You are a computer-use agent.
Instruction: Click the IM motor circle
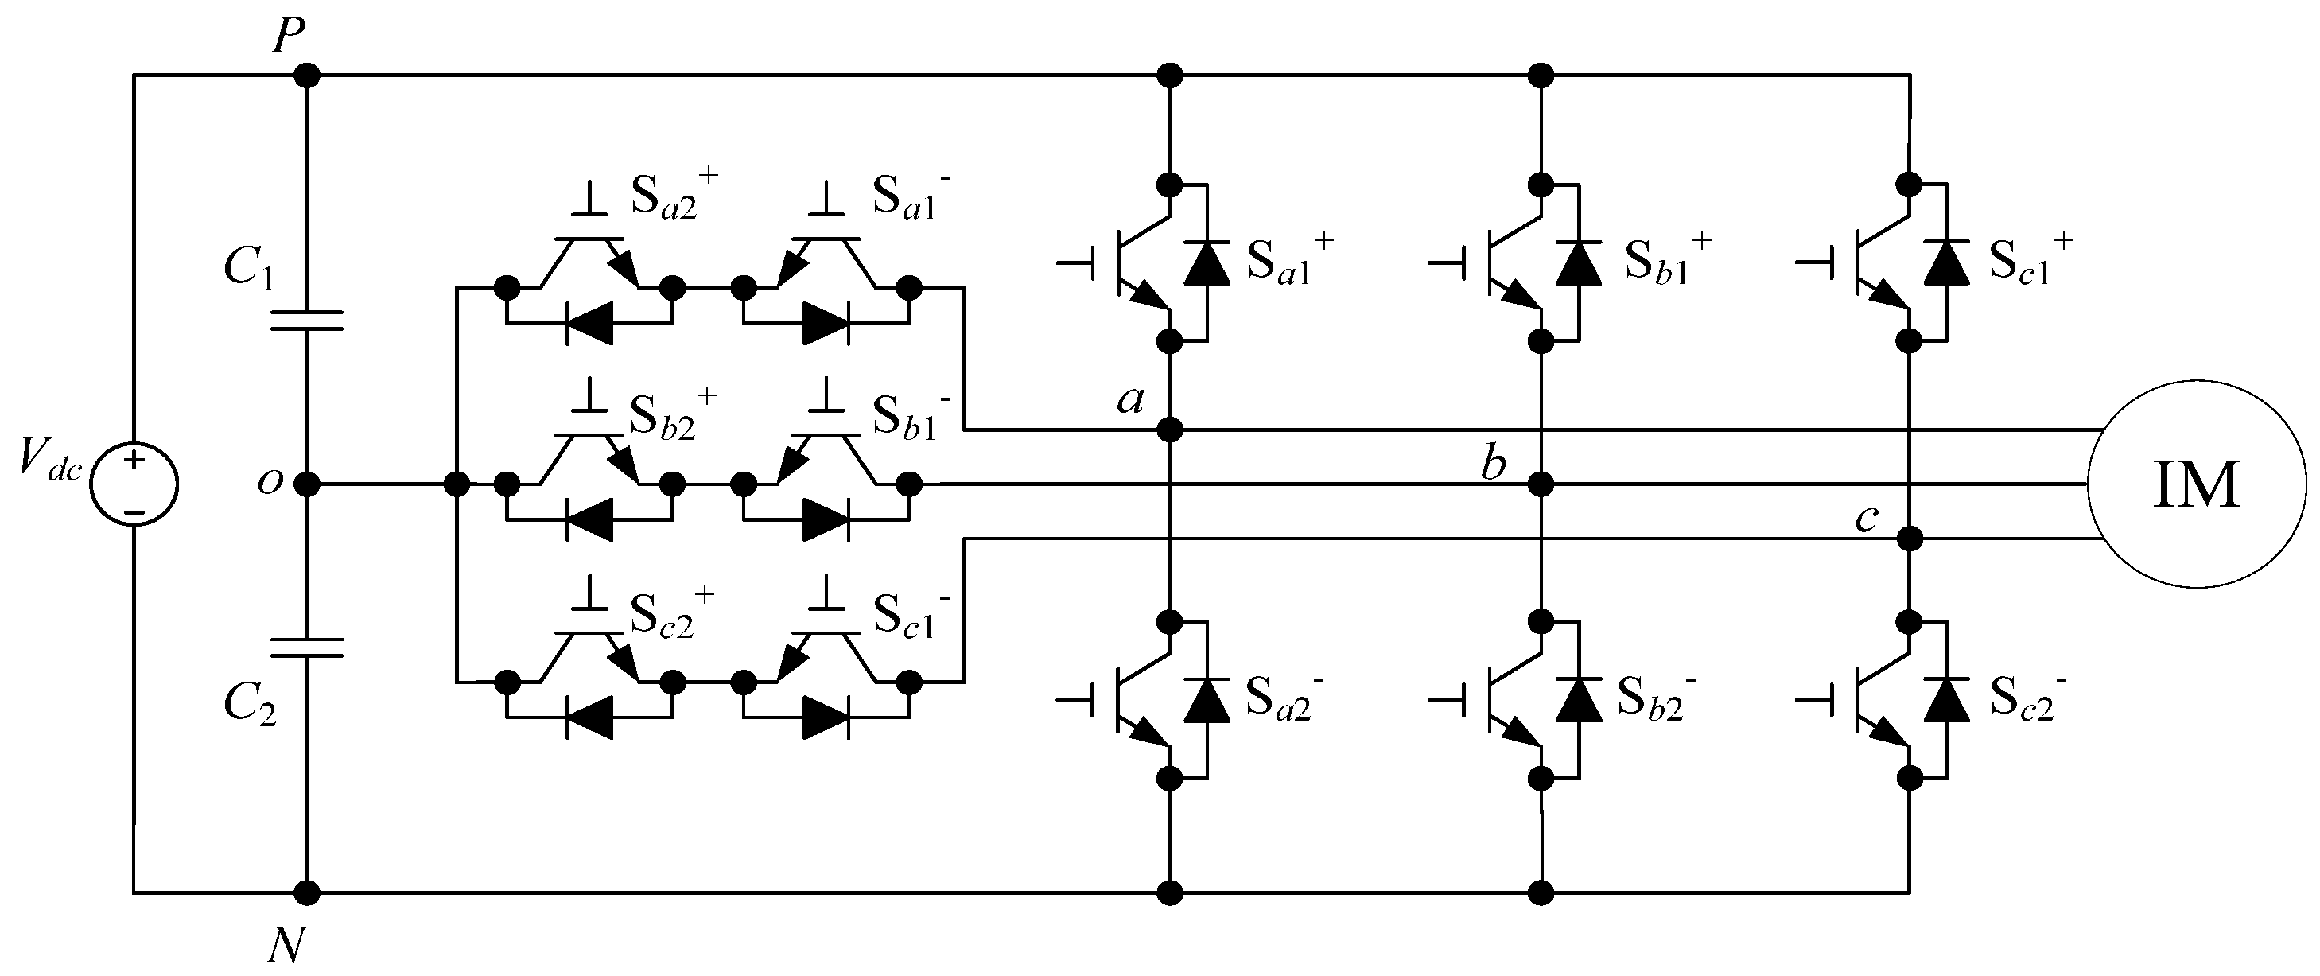coord(2196,484)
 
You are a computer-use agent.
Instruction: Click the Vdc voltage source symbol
coord(134,484)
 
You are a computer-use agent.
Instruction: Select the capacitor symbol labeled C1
coord(307,320)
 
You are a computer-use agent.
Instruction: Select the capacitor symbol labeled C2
coord(307,647)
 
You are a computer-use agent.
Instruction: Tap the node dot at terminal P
coord(307,75)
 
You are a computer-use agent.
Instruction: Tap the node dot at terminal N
coord(307,893)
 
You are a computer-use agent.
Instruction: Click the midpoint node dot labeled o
coord(307,484)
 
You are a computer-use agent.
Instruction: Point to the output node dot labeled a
coord(1169,430)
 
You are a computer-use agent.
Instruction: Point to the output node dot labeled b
coord(1541,484)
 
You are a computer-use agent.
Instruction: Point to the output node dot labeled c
coord(1910,539)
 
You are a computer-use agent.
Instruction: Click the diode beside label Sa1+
coord(1207,263)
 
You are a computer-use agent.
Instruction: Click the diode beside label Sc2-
coord(1945,701)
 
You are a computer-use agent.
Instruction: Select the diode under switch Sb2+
coord(590,520)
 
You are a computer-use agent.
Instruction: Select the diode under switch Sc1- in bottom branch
coord(826,718)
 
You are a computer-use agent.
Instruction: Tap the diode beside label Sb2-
coord(1579,701)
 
